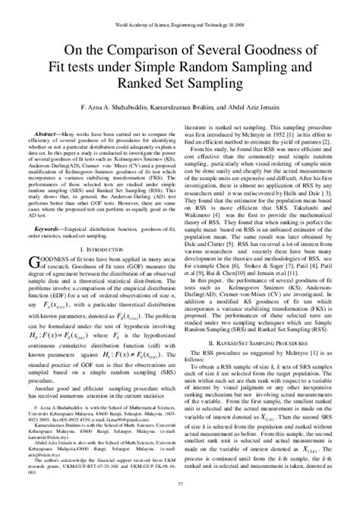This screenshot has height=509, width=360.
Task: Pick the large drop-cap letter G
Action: pos(43,263)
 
